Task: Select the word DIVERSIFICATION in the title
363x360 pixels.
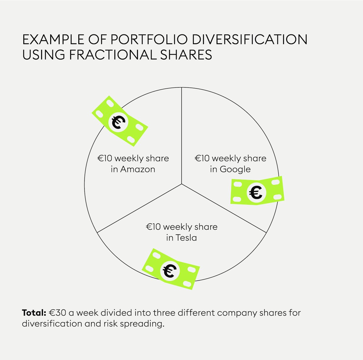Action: [247, 40]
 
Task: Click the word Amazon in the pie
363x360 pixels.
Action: [138, 169]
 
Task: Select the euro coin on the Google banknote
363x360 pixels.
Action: [257, 193]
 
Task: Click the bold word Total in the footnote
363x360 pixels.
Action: [34, 313]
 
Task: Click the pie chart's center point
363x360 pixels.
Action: [181, 184]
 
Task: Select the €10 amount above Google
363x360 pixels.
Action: [202, 158]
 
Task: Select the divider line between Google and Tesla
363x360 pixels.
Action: [224, 208]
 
